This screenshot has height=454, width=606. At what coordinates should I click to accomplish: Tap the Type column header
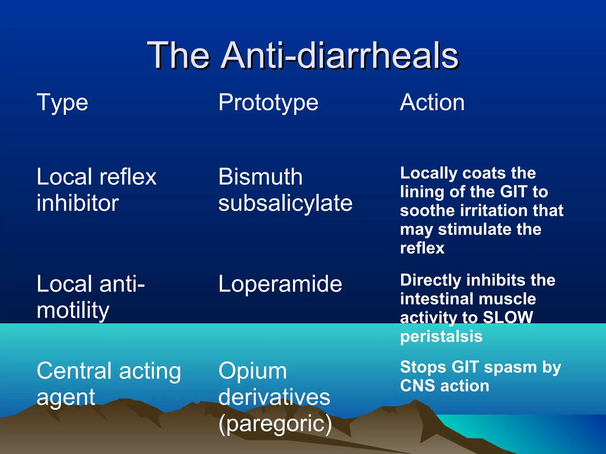pyautogui.click(x=62, y=103)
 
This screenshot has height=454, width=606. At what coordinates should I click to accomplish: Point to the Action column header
pyautogui.click(x=432, y=103)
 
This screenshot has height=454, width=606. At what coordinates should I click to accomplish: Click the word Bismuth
pyautogui.click(x=260, y=177)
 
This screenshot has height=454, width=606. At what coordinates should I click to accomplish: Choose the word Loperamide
pyautogui.click(x=280, y=284)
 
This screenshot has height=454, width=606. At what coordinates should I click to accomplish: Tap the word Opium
pyautogui.click(x=252, y=371)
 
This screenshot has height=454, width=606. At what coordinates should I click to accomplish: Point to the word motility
pyautogui.click(x=73, y=310)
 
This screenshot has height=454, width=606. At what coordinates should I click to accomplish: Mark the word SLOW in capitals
pyautogui.click(x=508, y=317)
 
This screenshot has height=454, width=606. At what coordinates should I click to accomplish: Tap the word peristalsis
pyautogui.click(x=441, y=336)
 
